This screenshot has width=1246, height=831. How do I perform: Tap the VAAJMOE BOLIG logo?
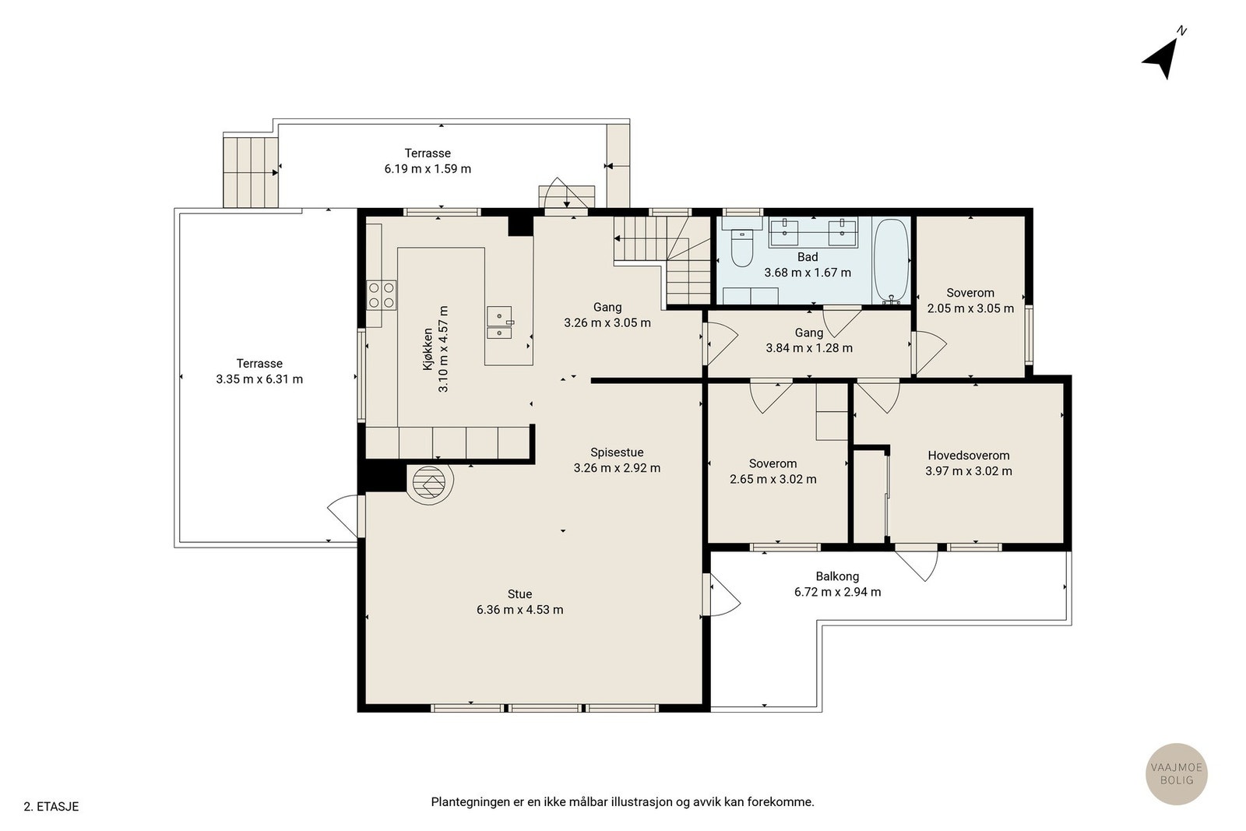point(1177,773)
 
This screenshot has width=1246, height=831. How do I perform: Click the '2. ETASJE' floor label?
point(51,807)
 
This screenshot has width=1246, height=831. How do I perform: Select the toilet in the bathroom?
point(741,248)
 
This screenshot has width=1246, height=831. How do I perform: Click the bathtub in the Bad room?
point(892,262)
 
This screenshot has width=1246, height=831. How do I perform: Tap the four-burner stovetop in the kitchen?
point(381,295)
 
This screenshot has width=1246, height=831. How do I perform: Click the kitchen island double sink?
point(499,322)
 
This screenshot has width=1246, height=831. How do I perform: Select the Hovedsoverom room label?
point(969,456)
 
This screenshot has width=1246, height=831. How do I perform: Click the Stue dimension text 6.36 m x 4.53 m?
point(519,610)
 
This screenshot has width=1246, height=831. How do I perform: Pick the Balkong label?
point(837,576)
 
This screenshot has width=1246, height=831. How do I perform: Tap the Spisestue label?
point(617,452)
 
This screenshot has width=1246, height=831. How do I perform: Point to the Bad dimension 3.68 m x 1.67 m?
point(808,273)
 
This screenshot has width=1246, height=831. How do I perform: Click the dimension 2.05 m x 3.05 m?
point(970,308)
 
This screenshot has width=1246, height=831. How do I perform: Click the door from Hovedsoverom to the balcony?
point(917,563)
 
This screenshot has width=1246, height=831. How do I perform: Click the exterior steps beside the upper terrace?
point(250,172)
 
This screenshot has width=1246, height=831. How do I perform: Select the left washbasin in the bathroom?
point(783,233)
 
